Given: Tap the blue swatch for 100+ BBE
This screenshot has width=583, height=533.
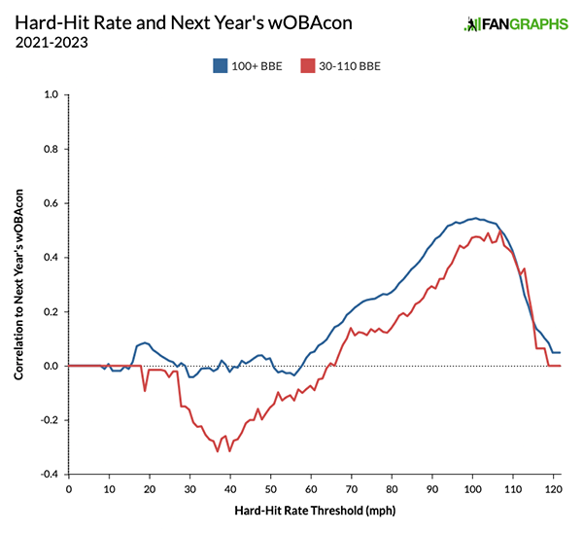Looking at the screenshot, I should click(220, 66).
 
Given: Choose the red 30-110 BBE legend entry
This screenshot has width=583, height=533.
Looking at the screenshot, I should click(339, 66).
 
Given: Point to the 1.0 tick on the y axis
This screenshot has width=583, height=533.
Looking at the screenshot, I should click(51, 95).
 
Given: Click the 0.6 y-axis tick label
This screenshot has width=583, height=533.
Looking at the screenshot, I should click(51, 203).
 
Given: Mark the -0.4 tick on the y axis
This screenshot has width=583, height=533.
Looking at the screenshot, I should click(49, 475).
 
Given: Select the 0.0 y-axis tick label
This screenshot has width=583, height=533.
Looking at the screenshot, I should click(51, 366).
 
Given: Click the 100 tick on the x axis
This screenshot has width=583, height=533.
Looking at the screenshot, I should click(472, 488).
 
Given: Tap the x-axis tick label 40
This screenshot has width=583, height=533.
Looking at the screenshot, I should click(230, 488).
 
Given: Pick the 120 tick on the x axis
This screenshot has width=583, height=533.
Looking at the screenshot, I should click(553, 488).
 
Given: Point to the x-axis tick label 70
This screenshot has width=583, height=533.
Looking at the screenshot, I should click(352, 488).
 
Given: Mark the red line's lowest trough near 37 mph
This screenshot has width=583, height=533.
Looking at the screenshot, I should click(218, 451).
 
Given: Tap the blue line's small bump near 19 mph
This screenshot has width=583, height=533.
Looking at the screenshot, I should click(145, 342).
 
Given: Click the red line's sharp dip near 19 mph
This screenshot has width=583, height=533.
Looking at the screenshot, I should click(145, 391).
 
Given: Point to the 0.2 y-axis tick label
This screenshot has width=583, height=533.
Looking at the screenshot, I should click(51, 312).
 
